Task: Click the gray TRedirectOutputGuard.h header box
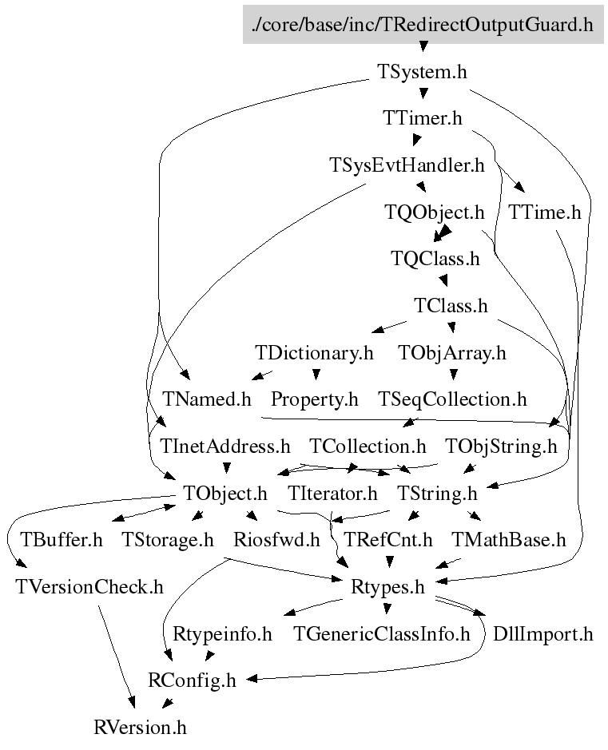click(x=422, y=25)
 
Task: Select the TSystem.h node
click(x=421, y=71)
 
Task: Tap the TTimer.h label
click(x=422, y=118)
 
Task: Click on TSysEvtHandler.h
click(x=407, y=165)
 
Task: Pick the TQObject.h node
click(x=435, y=212)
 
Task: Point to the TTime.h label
click(x=544, y=212)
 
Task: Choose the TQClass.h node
click(x=435, y=259)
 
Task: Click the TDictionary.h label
click(x=314, y=352)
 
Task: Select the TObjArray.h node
click(x=451, y=352)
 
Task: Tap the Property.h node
click(x=314, y=399)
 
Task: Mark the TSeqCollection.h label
click(x=452, y=399)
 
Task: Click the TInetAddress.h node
click(x=225, y=446)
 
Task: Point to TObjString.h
click(x=501, y=446)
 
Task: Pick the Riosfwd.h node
click(x=276, y=540)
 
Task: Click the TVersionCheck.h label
click(x=89, y=587)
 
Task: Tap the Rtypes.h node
click(x=387, y=587)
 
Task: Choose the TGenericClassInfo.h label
click(x=382, y=634)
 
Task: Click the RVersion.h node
click(x=140, y=728)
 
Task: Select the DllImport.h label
click(x=542, y=634)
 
